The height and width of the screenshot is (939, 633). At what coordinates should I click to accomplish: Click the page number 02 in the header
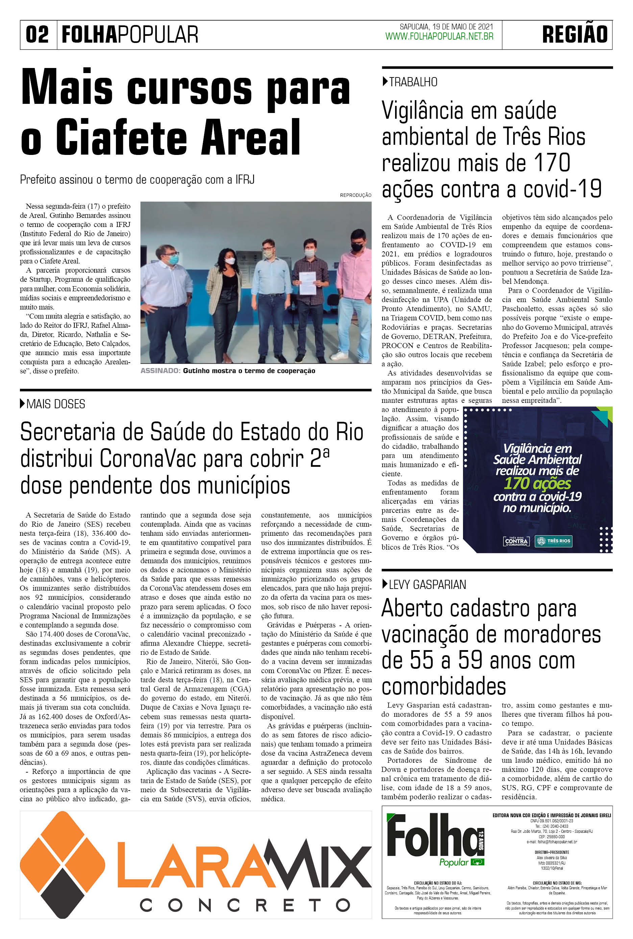38,35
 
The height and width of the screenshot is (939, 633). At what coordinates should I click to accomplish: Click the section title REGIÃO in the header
575,35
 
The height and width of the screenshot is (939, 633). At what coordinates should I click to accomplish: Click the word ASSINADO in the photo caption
160,370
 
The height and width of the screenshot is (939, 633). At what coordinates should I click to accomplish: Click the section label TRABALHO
413,82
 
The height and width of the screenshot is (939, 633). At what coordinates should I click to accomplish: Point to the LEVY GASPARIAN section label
427,584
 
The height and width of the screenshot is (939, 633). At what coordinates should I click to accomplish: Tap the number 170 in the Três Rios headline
552,163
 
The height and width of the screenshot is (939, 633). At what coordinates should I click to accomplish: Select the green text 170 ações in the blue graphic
537,483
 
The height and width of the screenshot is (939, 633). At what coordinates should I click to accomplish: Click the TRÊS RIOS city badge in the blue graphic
553,541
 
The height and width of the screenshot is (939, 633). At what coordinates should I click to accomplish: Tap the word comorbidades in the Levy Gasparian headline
444,686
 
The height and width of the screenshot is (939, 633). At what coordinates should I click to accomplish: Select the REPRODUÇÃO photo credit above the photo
355,195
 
